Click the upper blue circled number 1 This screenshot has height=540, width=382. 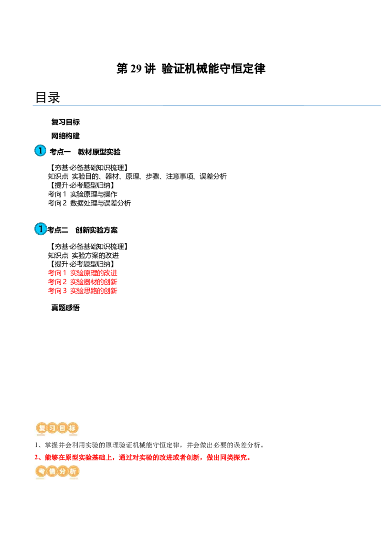coord(41,151)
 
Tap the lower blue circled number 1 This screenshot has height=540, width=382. coord(41,229)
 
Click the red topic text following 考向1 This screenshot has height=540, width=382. coord(94,273)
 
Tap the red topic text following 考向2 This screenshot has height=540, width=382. coord(94,281)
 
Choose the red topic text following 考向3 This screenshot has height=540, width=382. coord(94,291)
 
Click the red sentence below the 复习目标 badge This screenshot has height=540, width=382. coord(143,457)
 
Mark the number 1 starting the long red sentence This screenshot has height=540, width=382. coord(36,457)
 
